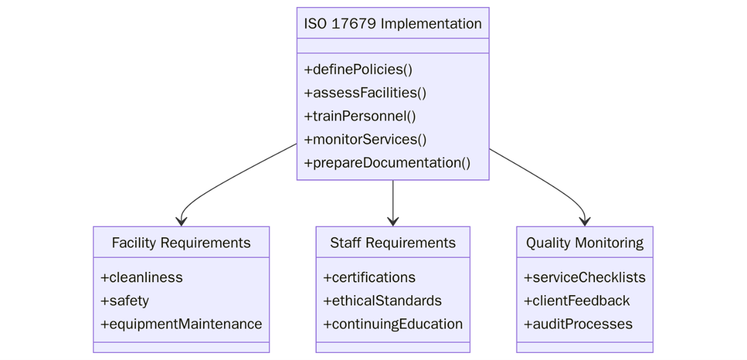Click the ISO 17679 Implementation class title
[393, 24]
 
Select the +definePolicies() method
[359, 70]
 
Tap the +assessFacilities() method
[366, 93]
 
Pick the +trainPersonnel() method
[360, 116]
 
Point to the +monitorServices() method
[366, 140]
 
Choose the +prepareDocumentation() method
[387, 163]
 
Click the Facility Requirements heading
[181, 243]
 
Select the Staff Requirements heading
[393, 243]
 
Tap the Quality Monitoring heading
[584, 243]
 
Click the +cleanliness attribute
[142, 278]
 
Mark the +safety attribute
[125, 301]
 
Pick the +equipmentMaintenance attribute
[181, 324]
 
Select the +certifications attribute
[369, 278]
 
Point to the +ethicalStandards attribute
[382, 301]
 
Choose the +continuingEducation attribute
[393, 324]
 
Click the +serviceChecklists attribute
[584, 278]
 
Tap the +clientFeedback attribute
[577, 301]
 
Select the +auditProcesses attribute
[578, 324]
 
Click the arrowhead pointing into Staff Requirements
[393, 221]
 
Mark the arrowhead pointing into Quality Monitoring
[584, 221]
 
